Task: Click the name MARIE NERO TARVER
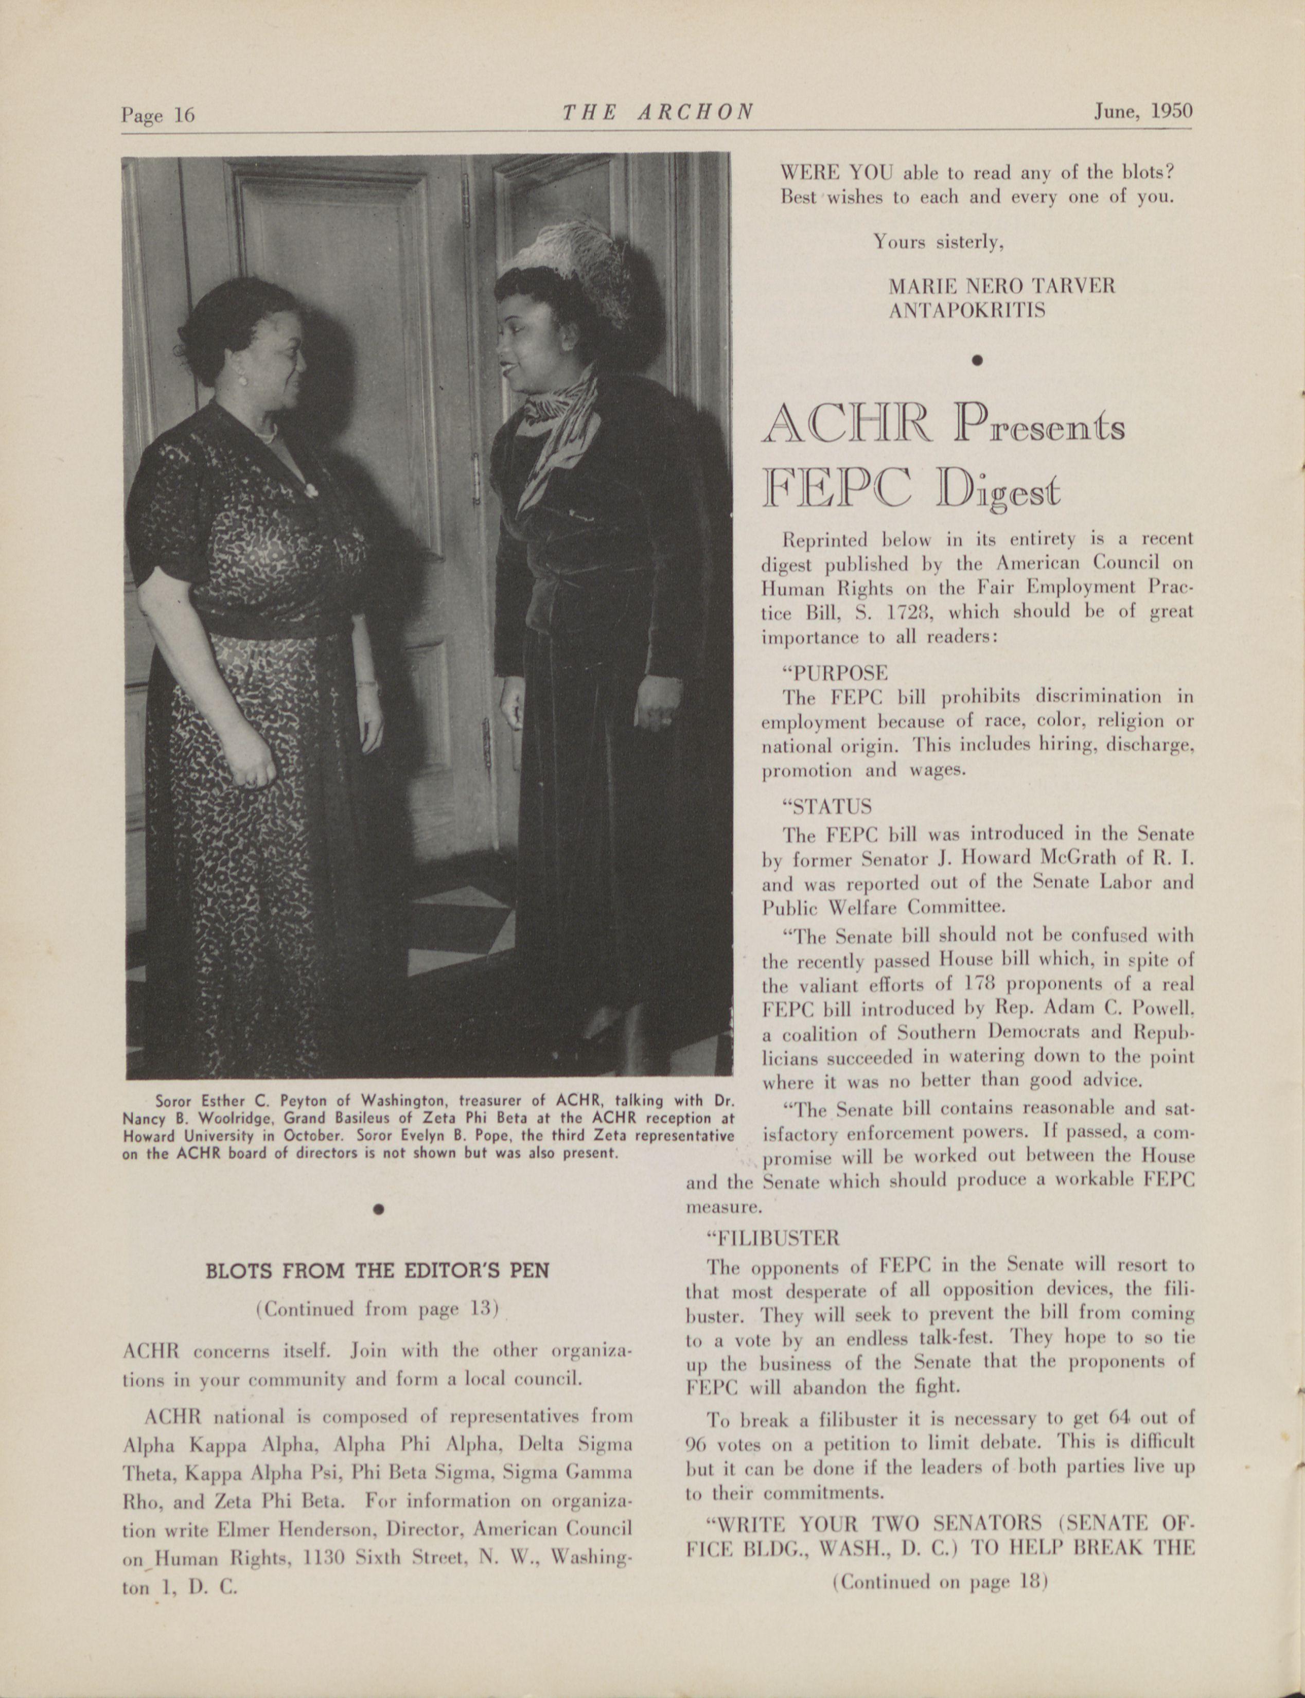(x=1001, y=286)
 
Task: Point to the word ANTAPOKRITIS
(x=966, y=311)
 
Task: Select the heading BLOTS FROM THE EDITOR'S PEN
(x=378, y=1271)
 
